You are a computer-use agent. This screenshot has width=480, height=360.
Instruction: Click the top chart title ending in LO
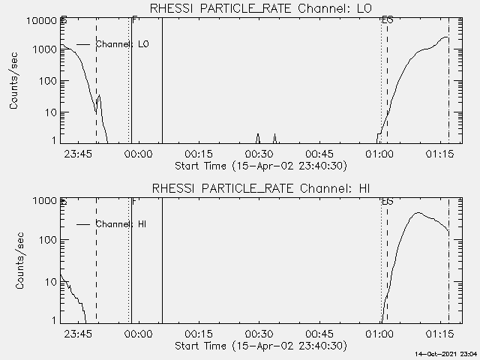259,9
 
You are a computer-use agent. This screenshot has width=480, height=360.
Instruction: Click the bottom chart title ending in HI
259,188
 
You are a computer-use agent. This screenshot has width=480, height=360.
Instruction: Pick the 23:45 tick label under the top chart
78,154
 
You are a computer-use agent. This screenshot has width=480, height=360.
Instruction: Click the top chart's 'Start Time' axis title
259,166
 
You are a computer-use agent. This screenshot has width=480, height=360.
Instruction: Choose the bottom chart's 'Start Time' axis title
259,346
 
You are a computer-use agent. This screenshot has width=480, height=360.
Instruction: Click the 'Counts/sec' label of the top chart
15,80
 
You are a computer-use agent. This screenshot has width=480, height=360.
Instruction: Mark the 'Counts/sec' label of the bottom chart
15,260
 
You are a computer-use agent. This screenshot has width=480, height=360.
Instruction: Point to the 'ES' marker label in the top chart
387,20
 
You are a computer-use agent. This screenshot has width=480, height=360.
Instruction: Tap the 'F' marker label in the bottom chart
133,201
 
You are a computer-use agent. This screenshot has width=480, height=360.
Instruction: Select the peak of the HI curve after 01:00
418,213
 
